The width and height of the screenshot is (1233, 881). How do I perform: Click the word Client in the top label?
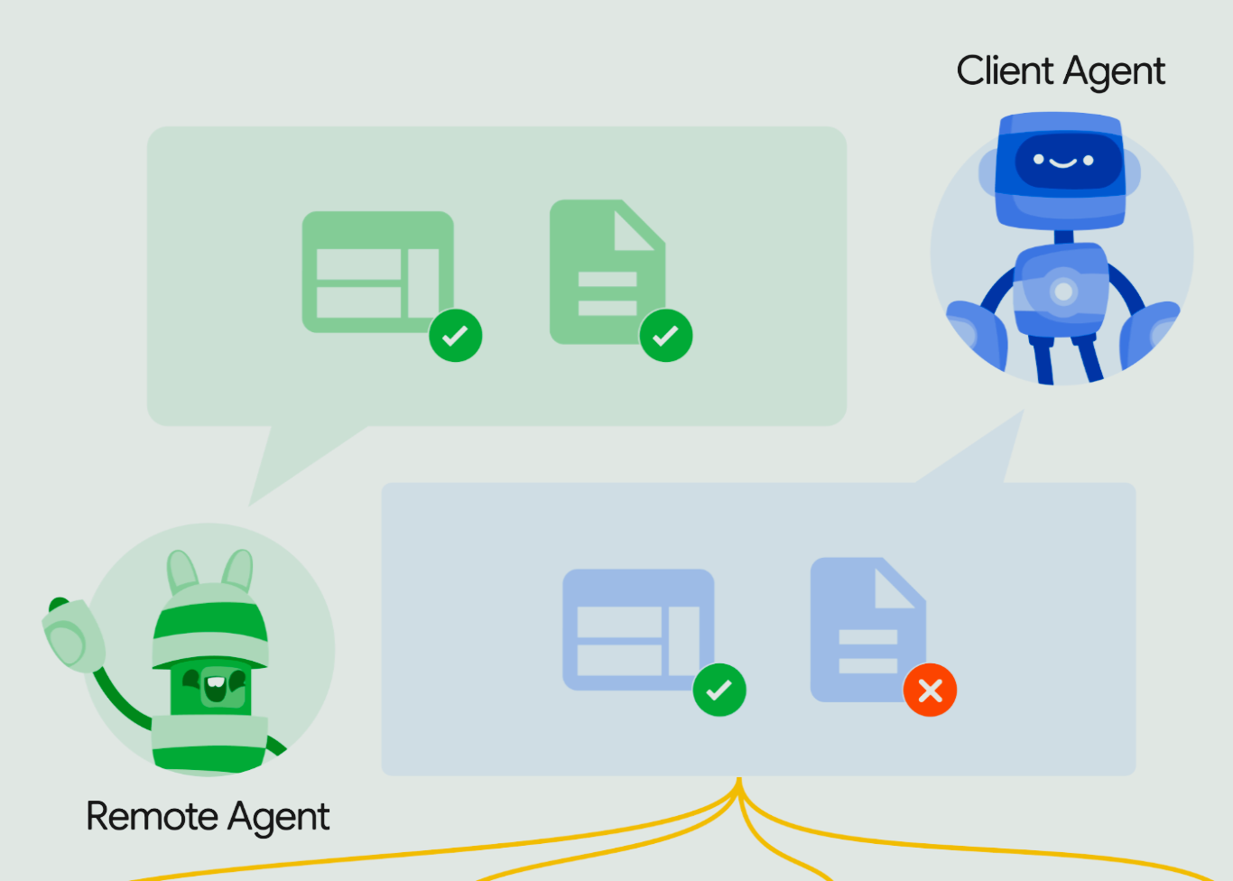click(x=1006, y=71)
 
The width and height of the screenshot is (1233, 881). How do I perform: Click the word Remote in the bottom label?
click(x=152, y=816)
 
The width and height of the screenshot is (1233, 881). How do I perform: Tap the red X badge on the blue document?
click(x=930, y=691)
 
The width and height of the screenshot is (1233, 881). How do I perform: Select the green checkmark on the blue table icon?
click(x=719, y=691)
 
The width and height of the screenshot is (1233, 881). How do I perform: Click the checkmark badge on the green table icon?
click(x=456, y=336)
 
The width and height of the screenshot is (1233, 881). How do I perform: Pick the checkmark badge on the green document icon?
click(x=666, y=336)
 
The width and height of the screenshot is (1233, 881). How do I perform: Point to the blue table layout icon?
click(x=637, y=629)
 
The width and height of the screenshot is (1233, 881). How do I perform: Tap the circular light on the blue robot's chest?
click(x=1063, y=292)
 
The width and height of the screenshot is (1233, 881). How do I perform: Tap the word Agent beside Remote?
click(x=279, y=818)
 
